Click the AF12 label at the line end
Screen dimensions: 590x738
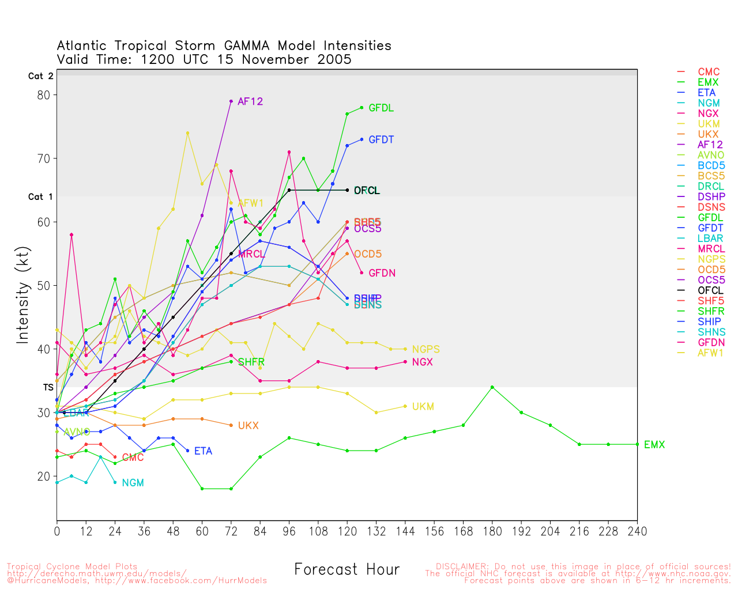pos(250,101)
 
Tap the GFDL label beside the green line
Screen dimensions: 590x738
pos(381,108)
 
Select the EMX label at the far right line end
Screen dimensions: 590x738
pos(654,445)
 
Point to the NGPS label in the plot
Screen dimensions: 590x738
pos(426,349)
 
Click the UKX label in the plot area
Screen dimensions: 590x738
pos(248,426)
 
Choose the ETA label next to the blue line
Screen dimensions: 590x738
pos(203,451)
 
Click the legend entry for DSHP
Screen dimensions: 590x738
pos(711,197)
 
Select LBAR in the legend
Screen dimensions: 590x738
pos(710,239)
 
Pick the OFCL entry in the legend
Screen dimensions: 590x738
pos(710,290)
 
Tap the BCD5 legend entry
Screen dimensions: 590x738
pos(711,166)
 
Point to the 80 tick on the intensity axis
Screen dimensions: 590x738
pos(44,95)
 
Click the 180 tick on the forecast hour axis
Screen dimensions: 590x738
pos(492,531)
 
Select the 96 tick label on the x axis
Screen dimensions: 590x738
pos(289,531)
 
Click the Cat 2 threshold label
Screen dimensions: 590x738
pos(40,76)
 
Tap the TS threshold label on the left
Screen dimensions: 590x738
pos(48,388)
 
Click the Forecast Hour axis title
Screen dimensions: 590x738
pos(347,570)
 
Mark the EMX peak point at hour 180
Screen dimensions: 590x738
pos(492,387)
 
